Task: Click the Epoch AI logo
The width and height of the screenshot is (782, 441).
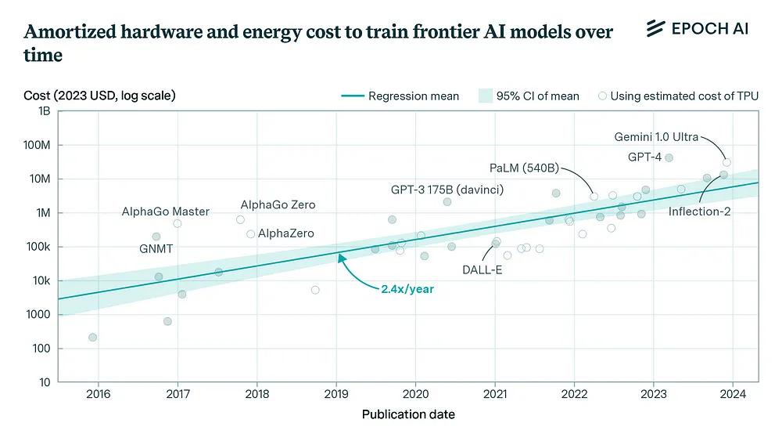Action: tap(698, 29)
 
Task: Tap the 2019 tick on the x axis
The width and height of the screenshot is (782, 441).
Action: tap(335, 393)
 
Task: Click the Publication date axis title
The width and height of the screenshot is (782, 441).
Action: tap(408, 414)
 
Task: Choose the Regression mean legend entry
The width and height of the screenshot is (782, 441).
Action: tap(400, 96)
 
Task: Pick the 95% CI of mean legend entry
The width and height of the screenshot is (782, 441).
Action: tap(529, 96)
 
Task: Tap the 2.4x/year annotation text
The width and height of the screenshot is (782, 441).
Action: tap(407, 289)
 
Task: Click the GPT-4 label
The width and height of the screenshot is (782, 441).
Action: tap(645, 157)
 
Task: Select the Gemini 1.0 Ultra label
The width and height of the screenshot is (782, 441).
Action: tap(655, 137)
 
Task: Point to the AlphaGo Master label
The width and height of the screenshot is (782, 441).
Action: tap(165, 211)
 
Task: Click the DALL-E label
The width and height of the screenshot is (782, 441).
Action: tap(482, 271)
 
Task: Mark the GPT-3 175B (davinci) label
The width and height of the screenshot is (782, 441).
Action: tap(447, 190)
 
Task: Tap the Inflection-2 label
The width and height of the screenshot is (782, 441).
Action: tap(699, 211)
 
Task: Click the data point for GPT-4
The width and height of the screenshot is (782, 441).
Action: tap(669, 158)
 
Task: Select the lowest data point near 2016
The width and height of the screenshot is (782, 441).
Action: tap(93, 338)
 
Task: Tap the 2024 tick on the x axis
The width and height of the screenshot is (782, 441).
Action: tap(732, 393)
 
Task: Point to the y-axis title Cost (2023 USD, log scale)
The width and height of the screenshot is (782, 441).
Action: tap(99, 96)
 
